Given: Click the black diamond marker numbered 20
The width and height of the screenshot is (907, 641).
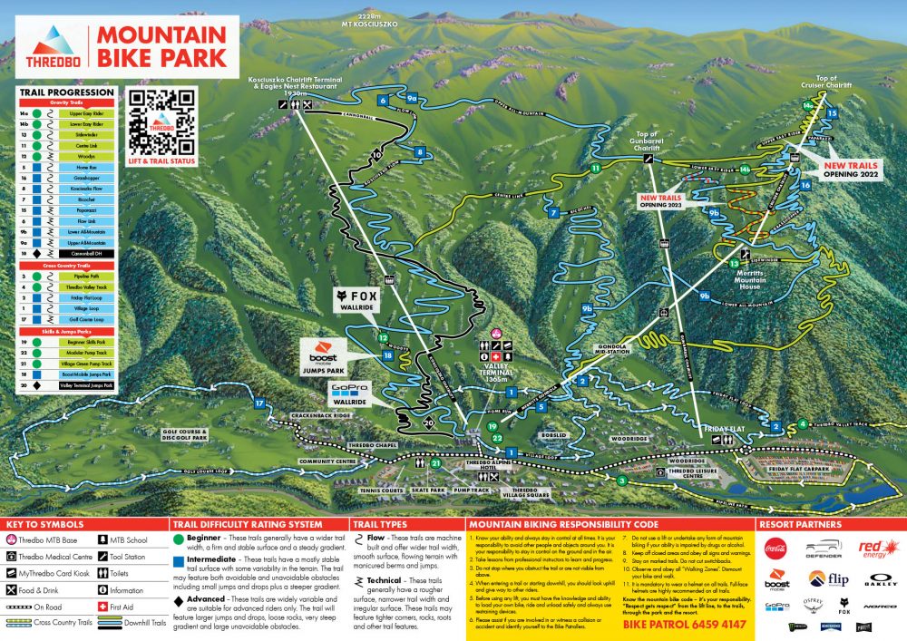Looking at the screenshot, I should (x=429, y=422).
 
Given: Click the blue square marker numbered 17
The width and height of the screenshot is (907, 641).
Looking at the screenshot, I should (x=259, y=403).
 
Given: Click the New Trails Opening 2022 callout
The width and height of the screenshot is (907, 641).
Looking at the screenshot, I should (x=851, y=170).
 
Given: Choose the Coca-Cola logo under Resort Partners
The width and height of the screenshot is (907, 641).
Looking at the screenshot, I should (x=776, y=548).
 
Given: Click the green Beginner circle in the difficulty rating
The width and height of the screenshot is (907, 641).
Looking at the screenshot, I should (x=180, y=539).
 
